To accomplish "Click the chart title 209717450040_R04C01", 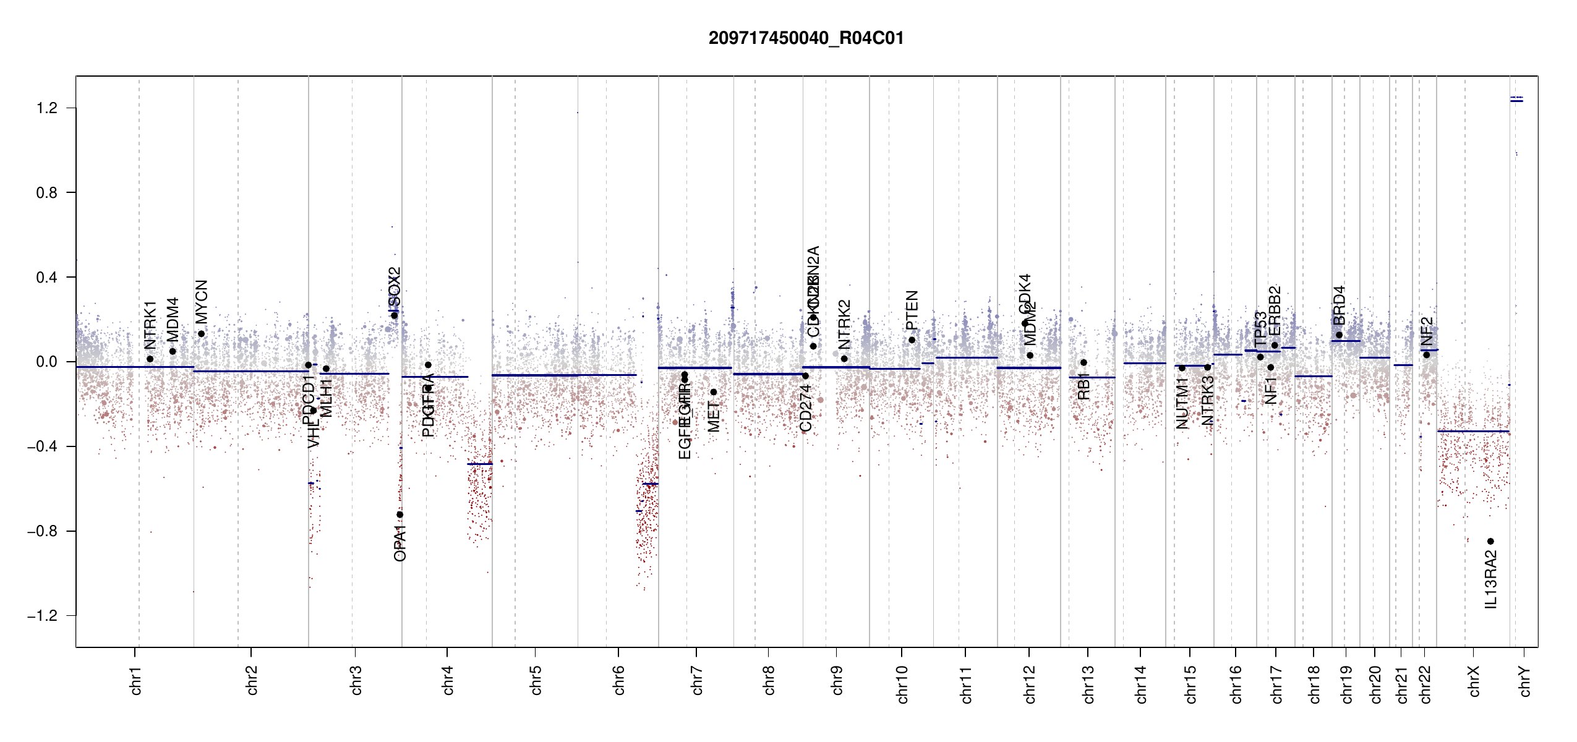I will click(x=806, y=38).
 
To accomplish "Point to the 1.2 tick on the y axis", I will click(x=46, y=108).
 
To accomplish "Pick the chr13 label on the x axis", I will click(x=1088, y=684).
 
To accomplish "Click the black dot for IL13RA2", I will click(x=1490, y=541).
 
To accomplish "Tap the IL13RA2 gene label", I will click(x=1491, y=580).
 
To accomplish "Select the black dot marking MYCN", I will click(x=201, y=334).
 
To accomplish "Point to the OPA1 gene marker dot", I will click(x=400, y=514).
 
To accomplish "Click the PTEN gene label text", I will click(x=912, y=310).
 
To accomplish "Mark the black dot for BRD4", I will click(x=1339, y=335).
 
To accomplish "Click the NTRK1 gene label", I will click(x=150, y=325).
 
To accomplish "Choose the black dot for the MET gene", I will click(x=713, y=392).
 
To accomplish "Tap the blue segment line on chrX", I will click(x=1472, y=431).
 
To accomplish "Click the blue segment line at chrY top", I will click(x=1516, y=101).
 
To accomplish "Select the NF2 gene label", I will click(x=1427, y=331).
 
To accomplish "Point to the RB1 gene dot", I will click(x=1083, y=362).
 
